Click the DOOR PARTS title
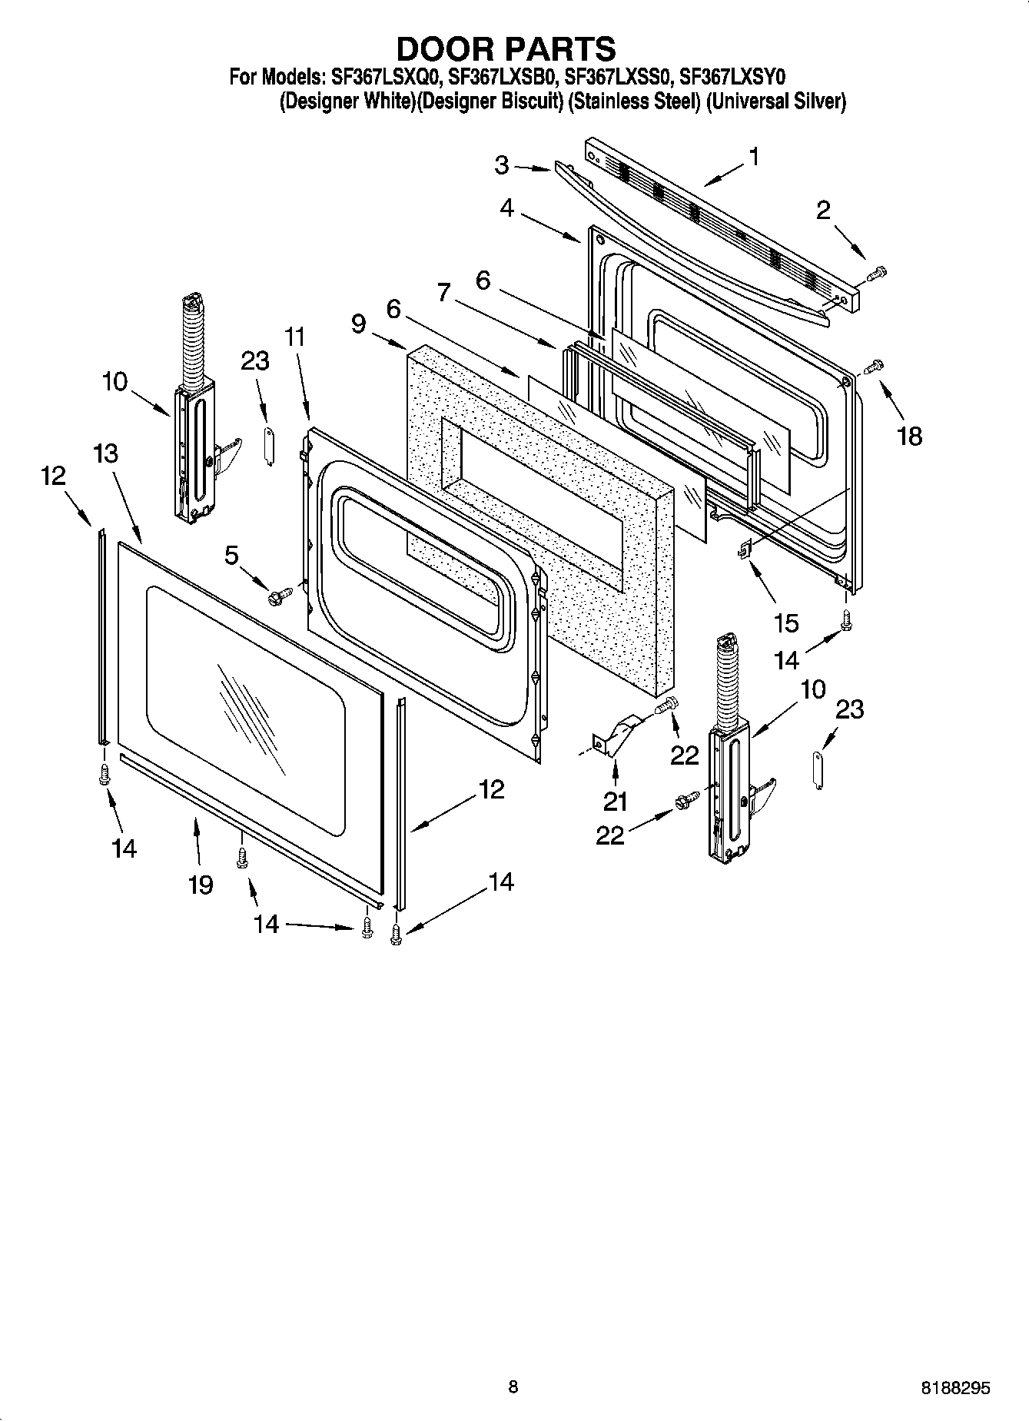tap(505, 48)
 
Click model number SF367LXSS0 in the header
tap(618, 77)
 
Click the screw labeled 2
tap(876, 273)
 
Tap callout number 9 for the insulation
tap(358, 324)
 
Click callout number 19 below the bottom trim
tap(201, 885)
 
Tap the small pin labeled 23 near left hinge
tap(269, 445)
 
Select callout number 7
tap(443, 293)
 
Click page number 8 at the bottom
tap(513, 1386)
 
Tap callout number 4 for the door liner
tap(506, 208)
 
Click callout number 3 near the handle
tap(501, 164)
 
